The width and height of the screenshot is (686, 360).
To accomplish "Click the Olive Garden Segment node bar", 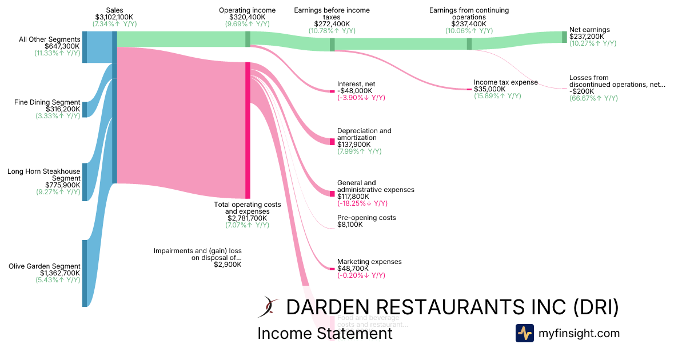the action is (x=85, y=273).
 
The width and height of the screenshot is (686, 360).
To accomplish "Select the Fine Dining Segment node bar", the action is (x=85, y=109).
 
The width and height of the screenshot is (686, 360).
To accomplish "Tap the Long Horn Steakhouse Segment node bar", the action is (x=85, y=182).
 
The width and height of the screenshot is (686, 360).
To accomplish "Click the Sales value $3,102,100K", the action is (x=114, y=18).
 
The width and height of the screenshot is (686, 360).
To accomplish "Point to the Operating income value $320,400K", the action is (x=247, y=18).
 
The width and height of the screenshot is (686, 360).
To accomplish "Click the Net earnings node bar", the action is (x=564, y=37).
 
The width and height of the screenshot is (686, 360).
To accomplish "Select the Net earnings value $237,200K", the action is (x=587, y=36).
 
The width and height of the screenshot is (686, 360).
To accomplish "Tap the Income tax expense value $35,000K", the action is (x=490, y=89).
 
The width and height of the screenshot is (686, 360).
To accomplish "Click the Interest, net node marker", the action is (x=332, y=91).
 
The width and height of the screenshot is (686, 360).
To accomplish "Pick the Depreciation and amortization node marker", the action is (x=332, y=141).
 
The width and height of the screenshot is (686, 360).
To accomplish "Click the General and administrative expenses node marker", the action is (x=332, y=194).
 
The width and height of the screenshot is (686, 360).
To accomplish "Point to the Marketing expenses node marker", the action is (x=332, y=269).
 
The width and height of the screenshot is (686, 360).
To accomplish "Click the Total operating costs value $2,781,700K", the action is (x=247, y=218).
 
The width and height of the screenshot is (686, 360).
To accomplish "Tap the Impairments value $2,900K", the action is (x=228, y=265).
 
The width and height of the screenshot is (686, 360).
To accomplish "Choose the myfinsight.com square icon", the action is (x=524, y=333).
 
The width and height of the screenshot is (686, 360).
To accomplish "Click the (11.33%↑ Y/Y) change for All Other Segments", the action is (x=57, y=53).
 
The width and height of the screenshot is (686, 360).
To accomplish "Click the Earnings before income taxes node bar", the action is (x=332, y=45).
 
